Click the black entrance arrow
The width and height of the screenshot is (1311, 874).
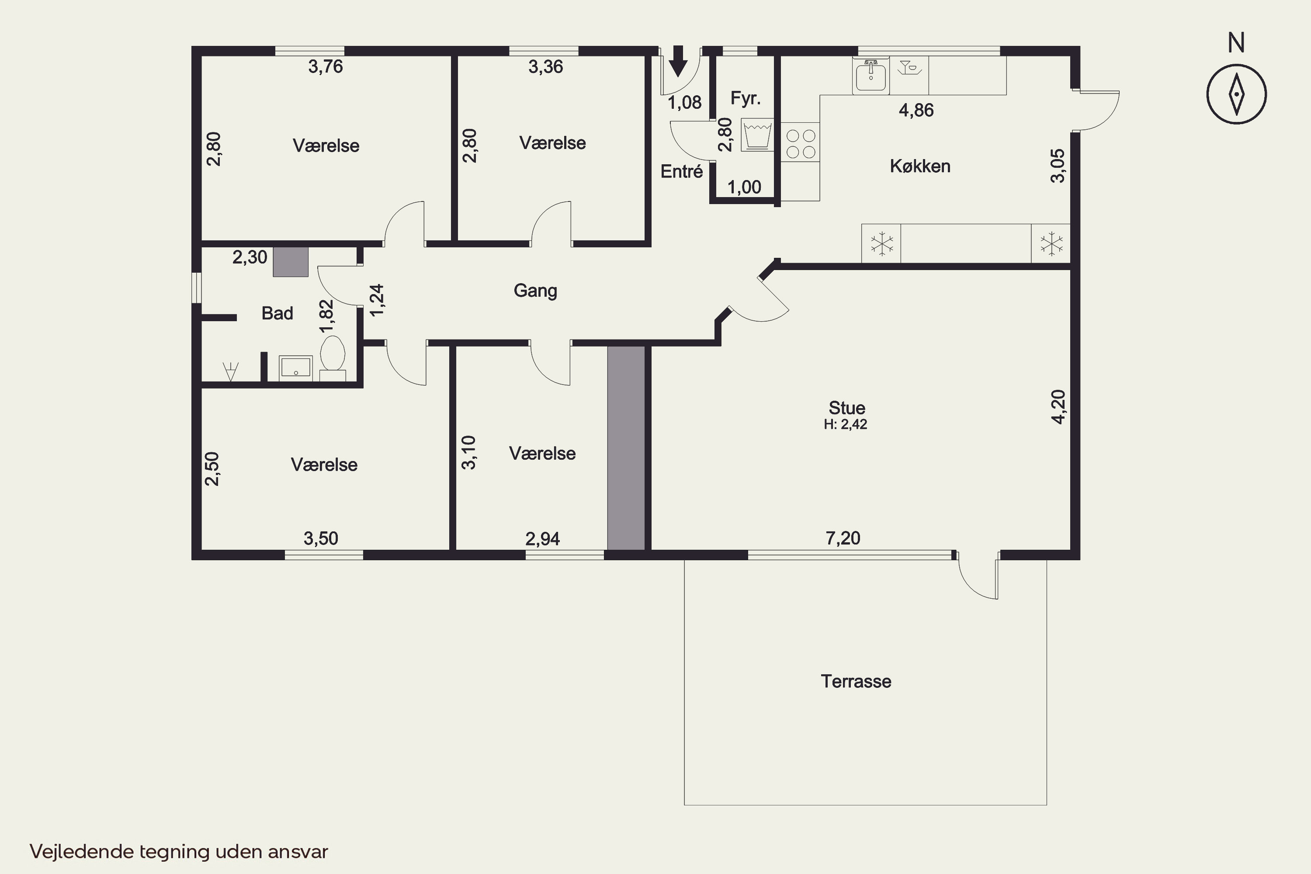click(x=678, y=61)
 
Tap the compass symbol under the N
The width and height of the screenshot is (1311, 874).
click(x=1236, y=94)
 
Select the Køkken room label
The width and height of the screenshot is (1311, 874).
click(x=920, y=166)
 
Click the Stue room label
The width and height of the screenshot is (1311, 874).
click(x=847, y=407)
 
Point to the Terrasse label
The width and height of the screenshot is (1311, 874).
click(x=856, y=681)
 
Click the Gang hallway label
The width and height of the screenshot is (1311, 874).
click(x=535, y=291)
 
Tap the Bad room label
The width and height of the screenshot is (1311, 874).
click(x=277, y=313)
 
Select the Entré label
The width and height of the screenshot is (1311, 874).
click(x=681, y=171)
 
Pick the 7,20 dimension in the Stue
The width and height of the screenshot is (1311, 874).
click(x=843, y=538)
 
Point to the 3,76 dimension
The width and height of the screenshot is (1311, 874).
click(x=326, y=67)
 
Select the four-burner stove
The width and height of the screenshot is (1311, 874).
click(x=801, y=143)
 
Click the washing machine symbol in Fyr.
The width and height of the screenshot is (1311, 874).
click(x=757, y=135)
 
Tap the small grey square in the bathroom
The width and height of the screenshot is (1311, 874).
click(x=291, y=262)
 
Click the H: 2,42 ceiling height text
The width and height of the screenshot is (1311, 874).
click(x=846, y=424)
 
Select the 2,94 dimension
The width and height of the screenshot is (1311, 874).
click(x=542, y=538)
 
